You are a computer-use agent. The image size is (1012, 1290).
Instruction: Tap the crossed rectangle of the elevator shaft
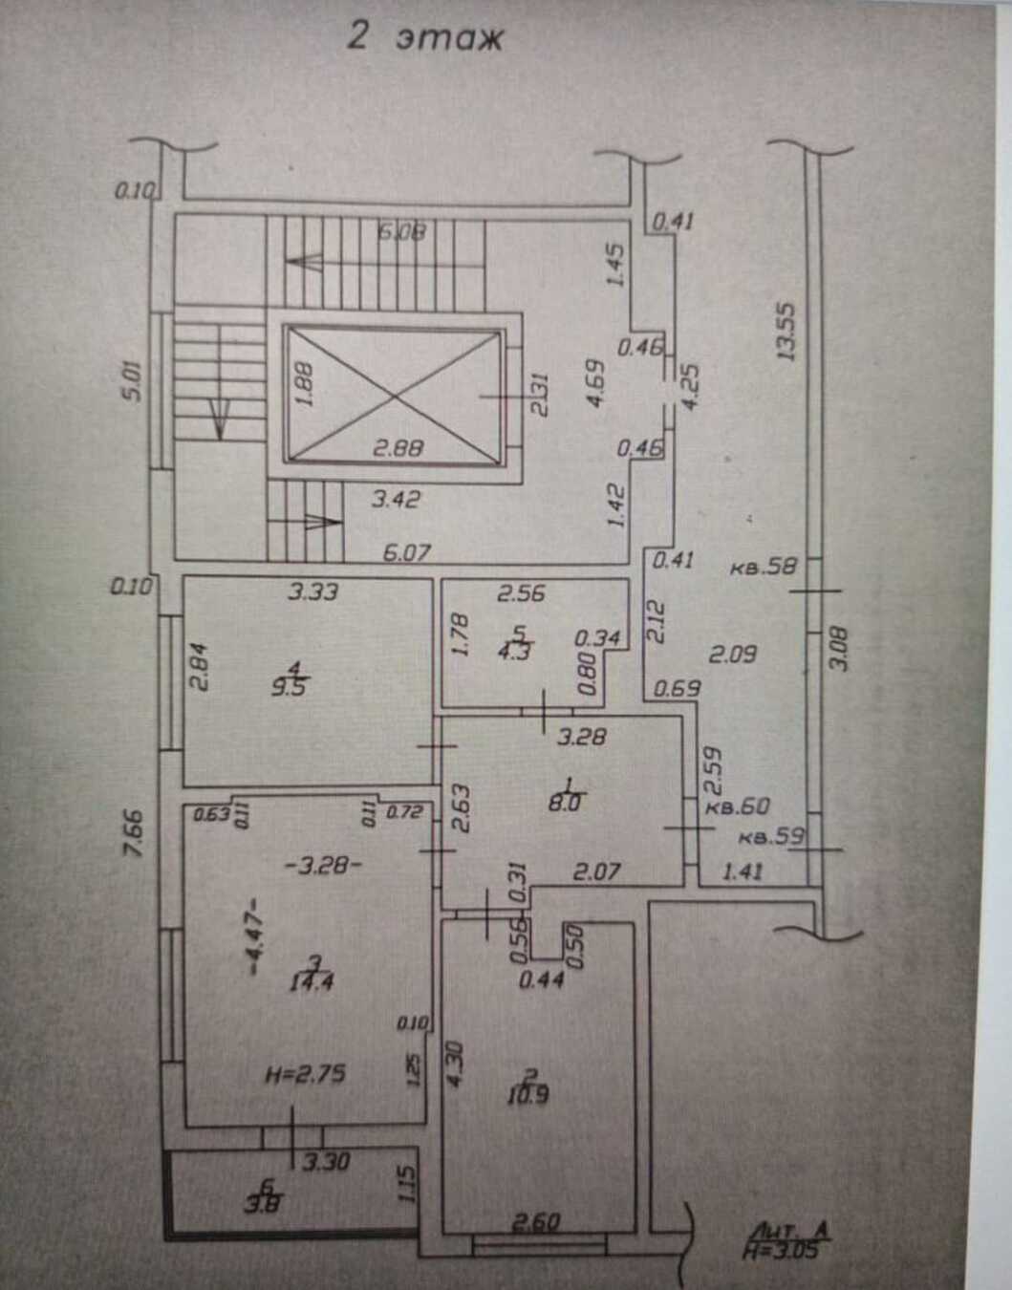point(394,396)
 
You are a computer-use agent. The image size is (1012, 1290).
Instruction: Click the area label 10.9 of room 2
point(528,1095)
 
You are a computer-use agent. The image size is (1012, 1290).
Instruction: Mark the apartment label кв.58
point(763,567)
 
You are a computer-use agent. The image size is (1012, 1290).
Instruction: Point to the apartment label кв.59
point(772,839)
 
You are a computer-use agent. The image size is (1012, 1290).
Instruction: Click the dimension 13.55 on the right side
point(786,331)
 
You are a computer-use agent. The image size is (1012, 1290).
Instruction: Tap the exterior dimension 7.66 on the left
point(134,832)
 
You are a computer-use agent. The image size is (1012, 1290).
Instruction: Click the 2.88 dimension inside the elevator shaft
point(398,447)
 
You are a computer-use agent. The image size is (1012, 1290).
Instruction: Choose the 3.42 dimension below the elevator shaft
point(395,499)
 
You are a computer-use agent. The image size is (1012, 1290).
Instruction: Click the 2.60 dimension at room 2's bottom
point(537,1222)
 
